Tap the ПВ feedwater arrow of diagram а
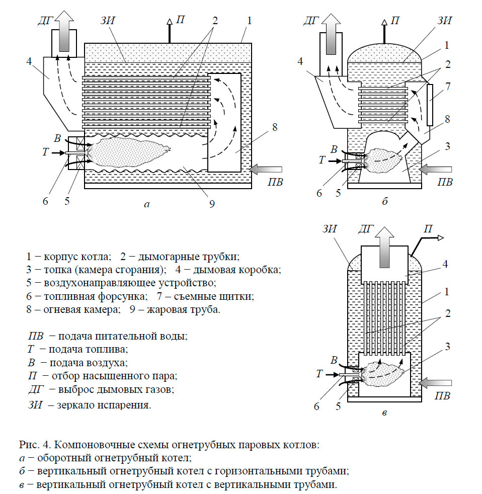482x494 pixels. click(x=270, y=171)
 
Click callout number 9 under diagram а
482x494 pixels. click(x=212, y=204)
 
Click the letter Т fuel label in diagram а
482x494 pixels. click(x=45, y=152)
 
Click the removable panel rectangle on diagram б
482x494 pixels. click(x=429, y=105)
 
